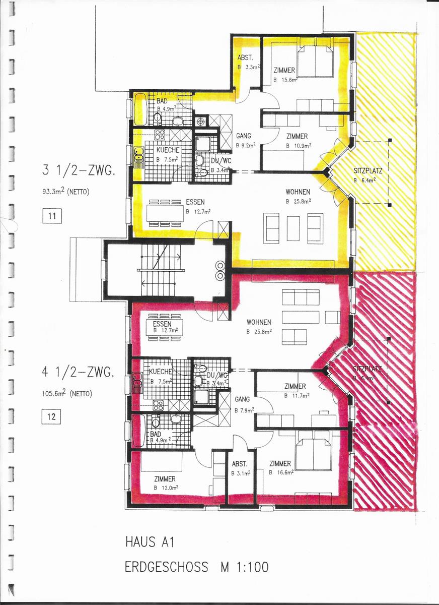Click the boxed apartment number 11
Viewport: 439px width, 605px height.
52,217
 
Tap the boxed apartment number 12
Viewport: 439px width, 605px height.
52,417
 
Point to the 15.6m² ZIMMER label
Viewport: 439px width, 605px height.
285,75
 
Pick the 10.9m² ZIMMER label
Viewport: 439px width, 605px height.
297,141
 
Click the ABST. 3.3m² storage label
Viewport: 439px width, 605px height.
249,62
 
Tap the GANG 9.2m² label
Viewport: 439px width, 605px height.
245,141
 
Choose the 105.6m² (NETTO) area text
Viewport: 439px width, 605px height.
67,393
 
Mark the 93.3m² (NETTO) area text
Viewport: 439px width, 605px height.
68,192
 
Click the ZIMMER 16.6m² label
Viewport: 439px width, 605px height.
280,468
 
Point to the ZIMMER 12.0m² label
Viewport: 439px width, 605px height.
165,483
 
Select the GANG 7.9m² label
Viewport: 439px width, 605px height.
244,404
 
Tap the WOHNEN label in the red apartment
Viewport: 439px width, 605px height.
259,326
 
